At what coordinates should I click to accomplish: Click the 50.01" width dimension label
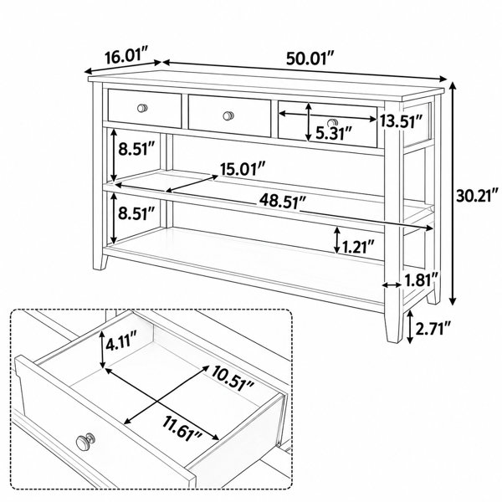[310, 59]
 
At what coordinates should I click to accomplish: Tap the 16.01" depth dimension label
[127, 57]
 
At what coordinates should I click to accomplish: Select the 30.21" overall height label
[478, 195]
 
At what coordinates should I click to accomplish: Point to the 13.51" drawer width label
[402, 121]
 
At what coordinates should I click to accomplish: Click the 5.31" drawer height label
[334, 133]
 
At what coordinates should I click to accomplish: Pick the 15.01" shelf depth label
[243, 169]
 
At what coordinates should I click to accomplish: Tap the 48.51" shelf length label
[283, 202]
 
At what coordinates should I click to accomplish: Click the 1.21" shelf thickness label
[358, 247]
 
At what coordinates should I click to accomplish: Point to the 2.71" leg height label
[433, 329]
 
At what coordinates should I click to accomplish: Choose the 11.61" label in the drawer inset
[182, 429]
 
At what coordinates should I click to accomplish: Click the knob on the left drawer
[142, 108]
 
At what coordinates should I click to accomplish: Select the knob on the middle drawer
[228, 115]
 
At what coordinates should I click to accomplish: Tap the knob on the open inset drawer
[85, 442]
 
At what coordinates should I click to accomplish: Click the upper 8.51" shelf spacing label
[136, 149]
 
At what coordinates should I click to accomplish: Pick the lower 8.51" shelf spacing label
[136, 213]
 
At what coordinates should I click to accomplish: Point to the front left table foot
[100, 262]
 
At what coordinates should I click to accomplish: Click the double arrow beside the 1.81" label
[392, 284]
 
